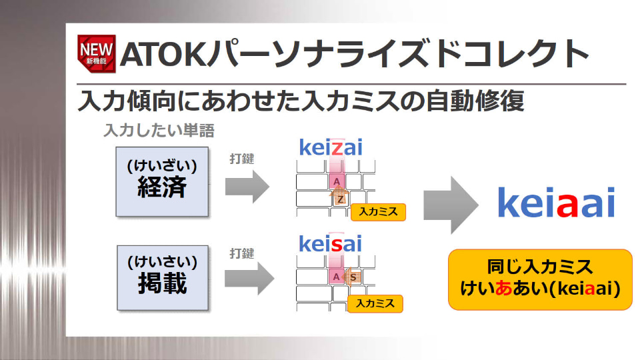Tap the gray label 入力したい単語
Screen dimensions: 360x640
click(159, 129)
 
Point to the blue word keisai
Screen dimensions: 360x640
click(330, 243)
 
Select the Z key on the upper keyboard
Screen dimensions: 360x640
click(340, 199)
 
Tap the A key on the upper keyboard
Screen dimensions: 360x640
click(337, 181)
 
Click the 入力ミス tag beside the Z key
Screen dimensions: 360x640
click(378, 212)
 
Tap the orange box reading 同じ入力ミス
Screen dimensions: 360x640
click(539, 279)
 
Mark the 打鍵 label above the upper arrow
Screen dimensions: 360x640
click(241, 159)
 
